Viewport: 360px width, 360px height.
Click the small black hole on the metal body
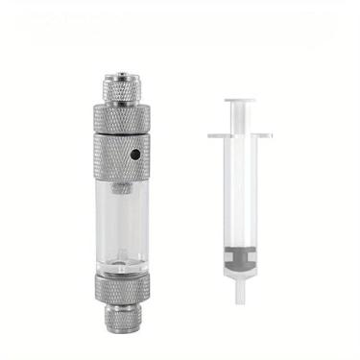pyautogui.click(x=136, y=153)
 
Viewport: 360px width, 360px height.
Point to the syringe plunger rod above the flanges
pyautogui.click(x=248, y=117)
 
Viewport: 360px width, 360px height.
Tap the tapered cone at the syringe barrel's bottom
pyautogui.click(x=248, y=278)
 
